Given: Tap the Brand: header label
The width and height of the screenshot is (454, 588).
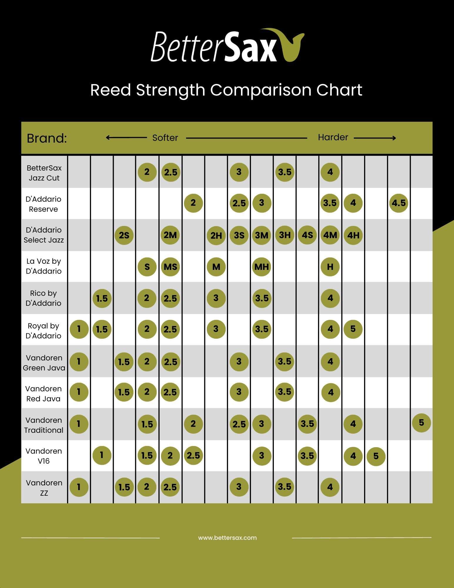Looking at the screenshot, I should pyautogui.click(x=47, y=138).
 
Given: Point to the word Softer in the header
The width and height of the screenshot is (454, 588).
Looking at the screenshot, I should pyautogui.click(x=165, y=138).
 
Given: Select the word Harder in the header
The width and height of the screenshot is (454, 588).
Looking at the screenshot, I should pyautogui.click(x=333, y=137).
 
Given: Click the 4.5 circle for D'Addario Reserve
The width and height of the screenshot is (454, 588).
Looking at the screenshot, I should pyautogui.click(x=398, y=203).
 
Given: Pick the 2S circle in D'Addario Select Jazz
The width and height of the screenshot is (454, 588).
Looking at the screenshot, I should pyautogui.click(x=124, y=235).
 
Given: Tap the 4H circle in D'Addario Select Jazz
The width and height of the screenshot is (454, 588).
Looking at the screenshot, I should pyautogui.click(x=353, y=235).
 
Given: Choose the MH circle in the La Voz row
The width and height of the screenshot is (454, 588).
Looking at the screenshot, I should pyautogui.click(x=262, y=267).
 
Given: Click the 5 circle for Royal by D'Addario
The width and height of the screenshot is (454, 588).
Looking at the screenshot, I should pyautogui.click(x=353, y=329).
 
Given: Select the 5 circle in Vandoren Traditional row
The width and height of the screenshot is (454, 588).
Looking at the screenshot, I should pyautogui.click(x=421, y=423).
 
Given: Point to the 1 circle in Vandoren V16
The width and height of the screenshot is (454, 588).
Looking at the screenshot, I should pyautogui.click(x=102, y=455).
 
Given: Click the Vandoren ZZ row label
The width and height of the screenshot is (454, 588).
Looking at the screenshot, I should pyautogui.click(x=44, y=488).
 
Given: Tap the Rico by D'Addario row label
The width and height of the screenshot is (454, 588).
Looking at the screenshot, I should pyautogui.click(x=43, y=298).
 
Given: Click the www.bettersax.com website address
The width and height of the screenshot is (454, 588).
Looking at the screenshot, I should pyautogui.click(x=227, y=538).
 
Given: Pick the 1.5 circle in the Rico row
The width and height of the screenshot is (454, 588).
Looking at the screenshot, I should pyautogui.click(x=102, y=298).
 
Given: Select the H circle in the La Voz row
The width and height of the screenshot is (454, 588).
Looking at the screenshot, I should pyautogui.click(x=330, y=267).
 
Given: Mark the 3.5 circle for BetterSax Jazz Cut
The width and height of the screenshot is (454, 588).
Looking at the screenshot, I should pyautogui.click(x=284, y=172).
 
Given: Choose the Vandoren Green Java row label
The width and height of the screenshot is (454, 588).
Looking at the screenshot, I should pyautogui.click(x=44, y=363).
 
